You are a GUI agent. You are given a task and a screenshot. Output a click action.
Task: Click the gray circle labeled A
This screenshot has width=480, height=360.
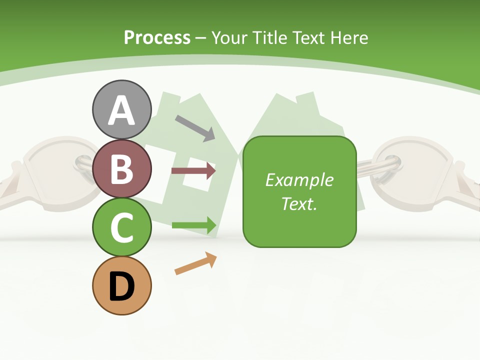click(x=122, y=109)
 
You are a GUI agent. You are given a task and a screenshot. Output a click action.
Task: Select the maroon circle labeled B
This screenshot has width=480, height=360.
click(x=122, y=168)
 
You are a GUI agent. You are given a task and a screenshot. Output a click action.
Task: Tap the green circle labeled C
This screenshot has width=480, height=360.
click(x=122, y=227)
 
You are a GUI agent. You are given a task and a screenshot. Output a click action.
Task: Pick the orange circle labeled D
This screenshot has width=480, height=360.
click(x=122, y=285)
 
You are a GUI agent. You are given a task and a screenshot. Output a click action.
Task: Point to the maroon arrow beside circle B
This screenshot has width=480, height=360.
click(x=193, y=170)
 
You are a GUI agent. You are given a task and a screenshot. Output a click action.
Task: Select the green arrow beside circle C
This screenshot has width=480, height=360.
click(x=194, y=224)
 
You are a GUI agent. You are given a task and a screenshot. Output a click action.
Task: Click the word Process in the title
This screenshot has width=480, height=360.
click(x=157, y=37)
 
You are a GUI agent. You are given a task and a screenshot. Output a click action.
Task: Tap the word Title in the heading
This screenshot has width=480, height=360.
click(x=269, y=37)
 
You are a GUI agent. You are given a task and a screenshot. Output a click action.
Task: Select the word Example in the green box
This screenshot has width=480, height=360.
click(x=299, y=180)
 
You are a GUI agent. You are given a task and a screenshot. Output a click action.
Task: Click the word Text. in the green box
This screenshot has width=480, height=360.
click(x=299, y=203)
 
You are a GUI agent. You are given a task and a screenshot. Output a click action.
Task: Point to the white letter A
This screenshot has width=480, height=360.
click(x=122, y=110)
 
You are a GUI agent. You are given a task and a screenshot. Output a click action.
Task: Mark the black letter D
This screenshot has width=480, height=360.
click(x=122, y=286)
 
